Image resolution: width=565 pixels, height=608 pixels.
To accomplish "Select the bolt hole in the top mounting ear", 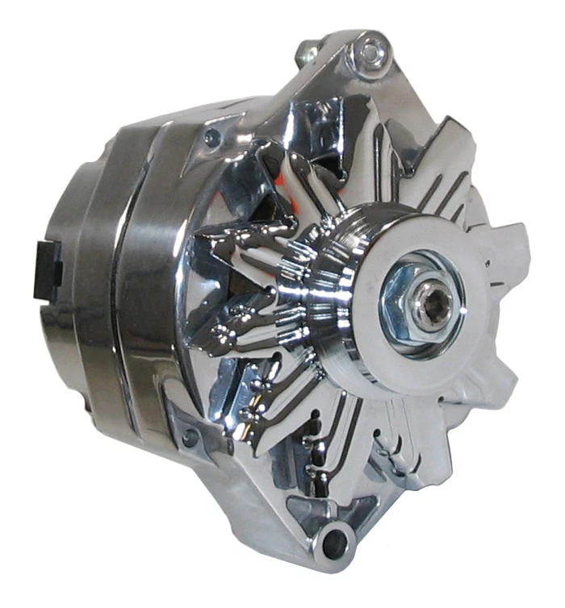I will (x=370, y=53).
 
